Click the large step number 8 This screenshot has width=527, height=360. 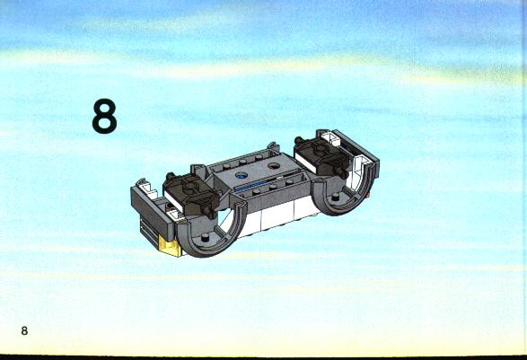click(x=104, y=116)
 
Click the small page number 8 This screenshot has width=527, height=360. click(x=24, y=330)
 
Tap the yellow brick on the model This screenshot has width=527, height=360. click(x=170, y=245)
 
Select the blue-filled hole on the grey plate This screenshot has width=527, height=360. click(x=241, y=175)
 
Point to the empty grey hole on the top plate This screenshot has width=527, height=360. click(x=274, y=166)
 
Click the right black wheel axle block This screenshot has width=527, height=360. click(x=322, y=155)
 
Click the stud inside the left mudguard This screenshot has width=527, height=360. click(x=204, y=239)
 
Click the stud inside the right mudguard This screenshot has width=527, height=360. click(x=335, y=198)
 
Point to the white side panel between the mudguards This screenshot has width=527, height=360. click(x=276, y=215)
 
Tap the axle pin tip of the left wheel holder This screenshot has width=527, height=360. click(x=211, y=214)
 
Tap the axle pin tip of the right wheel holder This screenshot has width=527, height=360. click(x=343, y=174)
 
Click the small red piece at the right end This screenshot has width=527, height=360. click(x=368, y=196)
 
